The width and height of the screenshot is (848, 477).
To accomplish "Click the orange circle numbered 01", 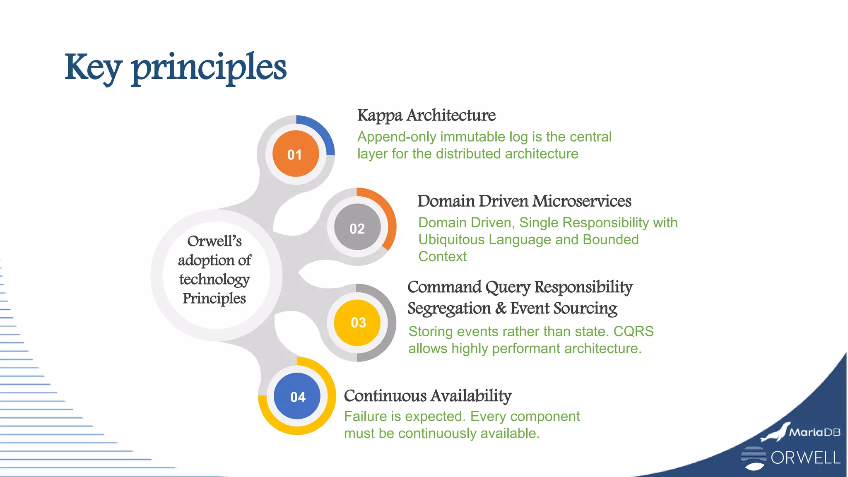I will (x=295, y=154).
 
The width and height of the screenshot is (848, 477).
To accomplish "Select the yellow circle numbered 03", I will (x=357, y=323).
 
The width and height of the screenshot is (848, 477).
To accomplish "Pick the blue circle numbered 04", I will (x=297, y=396).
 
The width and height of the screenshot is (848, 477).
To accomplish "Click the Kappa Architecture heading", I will (x=426, y=115).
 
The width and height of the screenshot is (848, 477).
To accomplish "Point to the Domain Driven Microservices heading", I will (x=524, y=201).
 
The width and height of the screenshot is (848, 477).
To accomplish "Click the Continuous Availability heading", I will (x=428, y=396).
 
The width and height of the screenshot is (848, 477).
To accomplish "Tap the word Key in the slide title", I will (x=93, y=68).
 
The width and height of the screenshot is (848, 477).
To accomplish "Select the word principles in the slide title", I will (x=209, y=68).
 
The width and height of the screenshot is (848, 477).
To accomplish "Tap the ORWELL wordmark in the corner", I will (x=805, y=458).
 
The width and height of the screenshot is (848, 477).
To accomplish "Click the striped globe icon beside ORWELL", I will (x=753, y=458).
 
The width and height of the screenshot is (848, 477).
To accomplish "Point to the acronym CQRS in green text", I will (x=633, y=332).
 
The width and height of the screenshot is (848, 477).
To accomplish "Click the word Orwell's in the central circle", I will (x=214, y=241).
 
